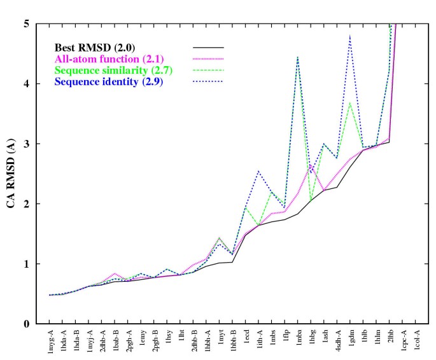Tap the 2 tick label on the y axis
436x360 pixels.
pyautogui.click(x=28, y=204)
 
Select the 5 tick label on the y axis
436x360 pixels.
pyautogui.click(x=28, y=24)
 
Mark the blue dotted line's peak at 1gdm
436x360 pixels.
pyautogui.click(x=350, y=36)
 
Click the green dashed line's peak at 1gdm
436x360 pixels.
pyautogui.click(x=350, y=102)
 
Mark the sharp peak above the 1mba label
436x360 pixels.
pyautogui.click(x=298, y=57)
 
